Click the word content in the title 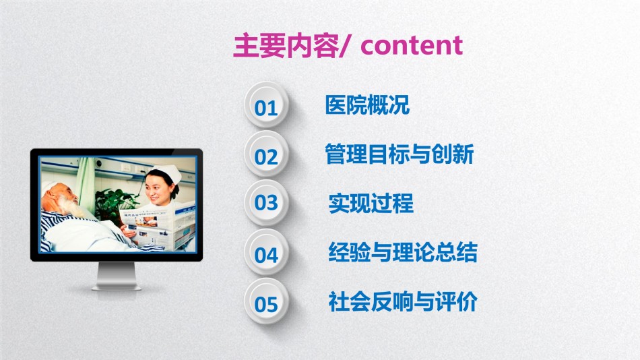(412, 45)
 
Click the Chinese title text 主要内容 (286, 45)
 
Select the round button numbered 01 (266, 104)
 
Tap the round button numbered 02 (266, 154)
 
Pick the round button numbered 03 (266, 203)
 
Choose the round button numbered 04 (266, 252)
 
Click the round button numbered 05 (266, 301)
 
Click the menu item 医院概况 (367, 104)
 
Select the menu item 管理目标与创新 (399, 154)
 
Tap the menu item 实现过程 (371, 203)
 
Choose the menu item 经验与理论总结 (403, 252)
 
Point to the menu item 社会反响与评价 (403, 301)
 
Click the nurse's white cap (165, 173)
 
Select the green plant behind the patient (113, 206)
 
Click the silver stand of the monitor (117, 276)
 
